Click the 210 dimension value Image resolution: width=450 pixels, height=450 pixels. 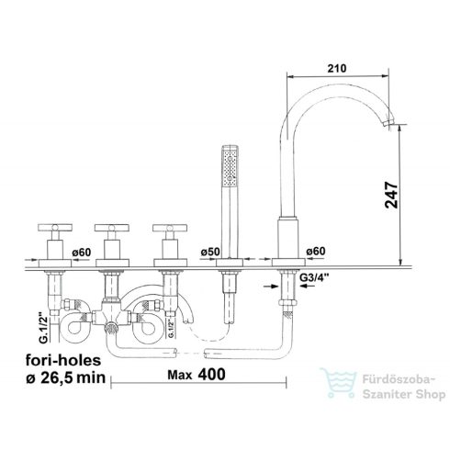click(x=337, y=68)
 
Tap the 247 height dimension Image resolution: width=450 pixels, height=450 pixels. click(x=391, y=195)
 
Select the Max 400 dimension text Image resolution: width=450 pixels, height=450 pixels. click(x=197, y=375)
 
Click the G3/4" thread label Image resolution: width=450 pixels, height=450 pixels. click(x=314, y=277)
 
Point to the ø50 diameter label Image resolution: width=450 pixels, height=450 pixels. click(x=210, y=252)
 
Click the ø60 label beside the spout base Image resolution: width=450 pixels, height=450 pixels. click(x=316, y=251)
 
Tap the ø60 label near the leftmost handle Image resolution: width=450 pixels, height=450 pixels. click(x=82, y=253)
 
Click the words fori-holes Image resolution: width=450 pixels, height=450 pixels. click(x=63, y=360)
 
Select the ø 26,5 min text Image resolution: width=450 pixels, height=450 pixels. click(x=65, y=377)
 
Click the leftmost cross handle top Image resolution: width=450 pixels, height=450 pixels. click(x=55, y=227)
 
